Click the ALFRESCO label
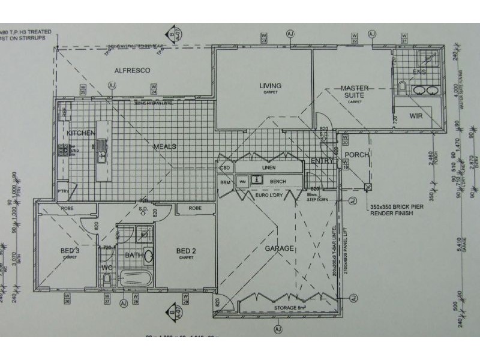click(x=132, y=70)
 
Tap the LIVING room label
click(x=270, y=86)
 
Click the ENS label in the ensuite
click(x=419, y=72)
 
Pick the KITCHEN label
click(x=81, y=133)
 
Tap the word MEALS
click(x=164, y=146)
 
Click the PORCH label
click(x=356, y=155)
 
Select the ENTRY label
click(x=322, y=161)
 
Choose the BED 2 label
click(x=185, y=250)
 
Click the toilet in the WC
click(x=106, y=279)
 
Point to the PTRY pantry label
click(x=64, y=191)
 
